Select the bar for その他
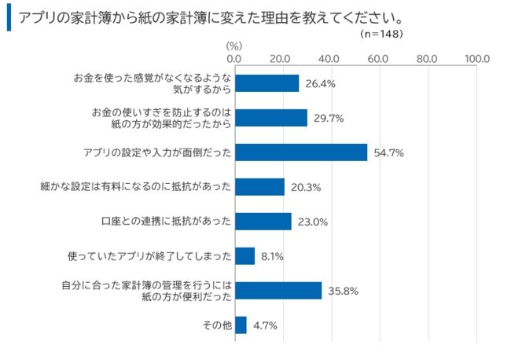[241, 325]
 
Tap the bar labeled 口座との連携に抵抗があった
[263, 222]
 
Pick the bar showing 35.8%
[278, 290]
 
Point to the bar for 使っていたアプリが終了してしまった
[245, 255]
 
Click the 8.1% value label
[272, 255]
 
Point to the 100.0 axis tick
[476, 58]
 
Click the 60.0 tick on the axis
[378, 58]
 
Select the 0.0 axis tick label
[234, 58]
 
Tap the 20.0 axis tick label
[281, 58]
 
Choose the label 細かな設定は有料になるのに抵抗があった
[134, 187]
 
